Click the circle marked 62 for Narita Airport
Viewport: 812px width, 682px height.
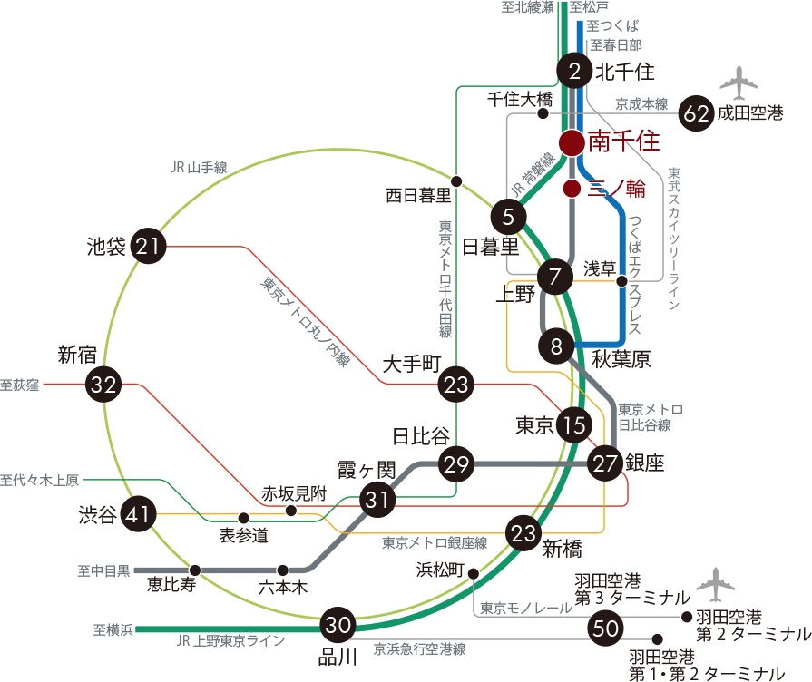click(x=698, y=113)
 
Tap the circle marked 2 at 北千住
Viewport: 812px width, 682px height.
click(x=573, y=71)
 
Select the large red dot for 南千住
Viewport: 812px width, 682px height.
click(x=572, y=142)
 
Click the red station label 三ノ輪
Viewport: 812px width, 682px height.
click(x=616, y=189)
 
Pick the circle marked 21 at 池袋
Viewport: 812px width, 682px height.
click(x=150, y=246)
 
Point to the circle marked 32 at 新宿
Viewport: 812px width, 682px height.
click(x=104, y=385)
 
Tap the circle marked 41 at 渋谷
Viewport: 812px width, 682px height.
click(x=138, y=515)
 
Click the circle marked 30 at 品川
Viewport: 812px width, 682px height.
click(x=338, y=625)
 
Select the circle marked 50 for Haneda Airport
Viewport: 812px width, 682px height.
click(x=604, y=626)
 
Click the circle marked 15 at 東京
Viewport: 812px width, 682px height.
click(x=574, y=424)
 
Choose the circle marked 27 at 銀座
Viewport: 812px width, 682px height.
click(x=605, y=463)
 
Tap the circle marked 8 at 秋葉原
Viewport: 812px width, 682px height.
click(x=556, y=345)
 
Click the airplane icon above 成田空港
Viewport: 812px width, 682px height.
click(x=739, y=83)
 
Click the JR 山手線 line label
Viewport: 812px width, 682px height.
click(x=199, y=168)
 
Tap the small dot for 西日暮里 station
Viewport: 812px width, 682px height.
click(x=456, y=180)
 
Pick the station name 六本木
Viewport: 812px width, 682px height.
click(x=283, y=587)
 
